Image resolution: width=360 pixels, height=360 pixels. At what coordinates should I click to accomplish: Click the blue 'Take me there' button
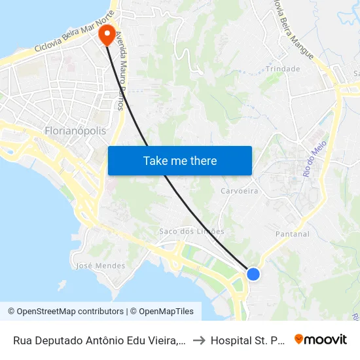click(179, 160)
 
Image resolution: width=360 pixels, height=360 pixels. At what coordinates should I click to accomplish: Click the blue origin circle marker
click(253, 274)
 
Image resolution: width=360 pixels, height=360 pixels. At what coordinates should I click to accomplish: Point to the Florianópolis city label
click(75, 131)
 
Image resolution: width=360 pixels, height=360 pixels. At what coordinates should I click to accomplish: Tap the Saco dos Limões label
click(192, 231)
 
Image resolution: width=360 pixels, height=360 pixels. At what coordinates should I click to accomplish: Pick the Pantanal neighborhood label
click(293, 234)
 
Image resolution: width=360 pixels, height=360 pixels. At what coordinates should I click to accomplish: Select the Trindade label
click(283, 69)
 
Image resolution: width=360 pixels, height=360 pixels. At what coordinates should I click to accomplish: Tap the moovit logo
click(321, 339)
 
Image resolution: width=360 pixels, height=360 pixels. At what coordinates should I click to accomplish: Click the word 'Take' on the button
click(155, 160)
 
